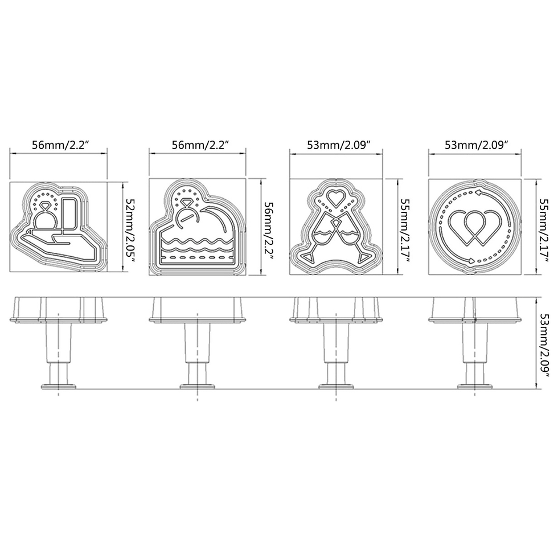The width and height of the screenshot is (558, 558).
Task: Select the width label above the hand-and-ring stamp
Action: click(59, 145)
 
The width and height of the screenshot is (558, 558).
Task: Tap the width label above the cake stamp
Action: click(199, 145)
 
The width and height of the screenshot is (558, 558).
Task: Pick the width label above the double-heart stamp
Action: click(476, 145)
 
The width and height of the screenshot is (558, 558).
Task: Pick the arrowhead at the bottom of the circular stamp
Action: click(470, 261)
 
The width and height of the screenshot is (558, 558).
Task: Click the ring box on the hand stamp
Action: click(70, 214)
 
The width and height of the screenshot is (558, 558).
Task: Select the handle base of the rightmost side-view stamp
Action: click(475, 386)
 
